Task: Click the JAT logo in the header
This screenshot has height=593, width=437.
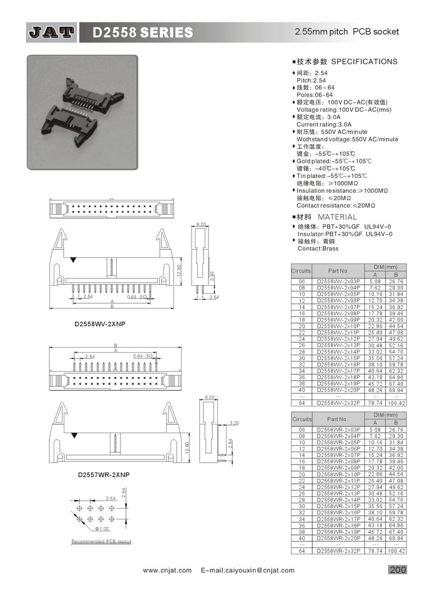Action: click(51, 32)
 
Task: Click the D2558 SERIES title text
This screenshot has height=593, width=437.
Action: click(142, 32)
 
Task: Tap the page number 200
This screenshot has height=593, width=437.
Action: click(398, 569)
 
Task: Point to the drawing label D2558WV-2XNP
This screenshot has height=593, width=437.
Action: click(101, 325)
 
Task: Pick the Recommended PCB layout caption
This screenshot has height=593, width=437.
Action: click(101, 541)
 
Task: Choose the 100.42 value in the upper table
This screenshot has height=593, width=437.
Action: click(396, 403)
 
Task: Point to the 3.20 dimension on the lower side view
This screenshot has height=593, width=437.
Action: click(234, 423)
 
